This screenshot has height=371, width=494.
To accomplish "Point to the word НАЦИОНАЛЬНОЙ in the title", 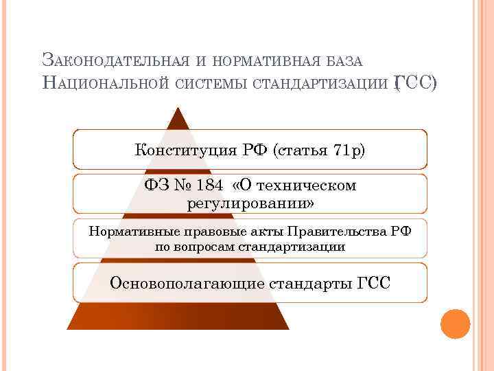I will pyautogui.click(x=106, y=83).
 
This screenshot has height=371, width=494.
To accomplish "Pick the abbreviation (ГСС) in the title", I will pyautogui.click(x=414, y=83).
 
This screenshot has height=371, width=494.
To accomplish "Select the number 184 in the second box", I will pyautogui.click(x=209, y=186).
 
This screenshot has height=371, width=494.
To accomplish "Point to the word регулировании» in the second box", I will pyautogui.click(x=250, y=204).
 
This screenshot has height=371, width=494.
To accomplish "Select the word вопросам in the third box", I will pyautogui.click(x=202, y=246).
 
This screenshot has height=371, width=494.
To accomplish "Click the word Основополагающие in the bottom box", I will pyautogui.click(x=187, y=282).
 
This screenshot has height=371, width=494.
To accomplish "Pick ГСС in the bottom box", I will pyautogui.click(x=374, y=282).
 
